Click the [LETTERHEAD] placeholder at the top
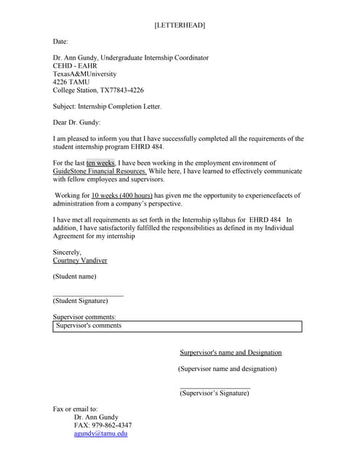(180, 25)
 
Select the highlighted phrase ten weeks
(100, 163)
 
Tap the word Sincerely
(67, 252)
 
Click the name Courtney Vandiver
(79, 260)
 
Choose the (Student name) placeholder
(74, 276)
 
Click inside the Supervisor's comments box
(177, 326)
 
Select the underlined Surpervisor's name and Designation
(231, 352)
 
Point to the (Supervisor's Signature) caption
(215, 393)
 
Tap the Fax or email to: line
(75, 409)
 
